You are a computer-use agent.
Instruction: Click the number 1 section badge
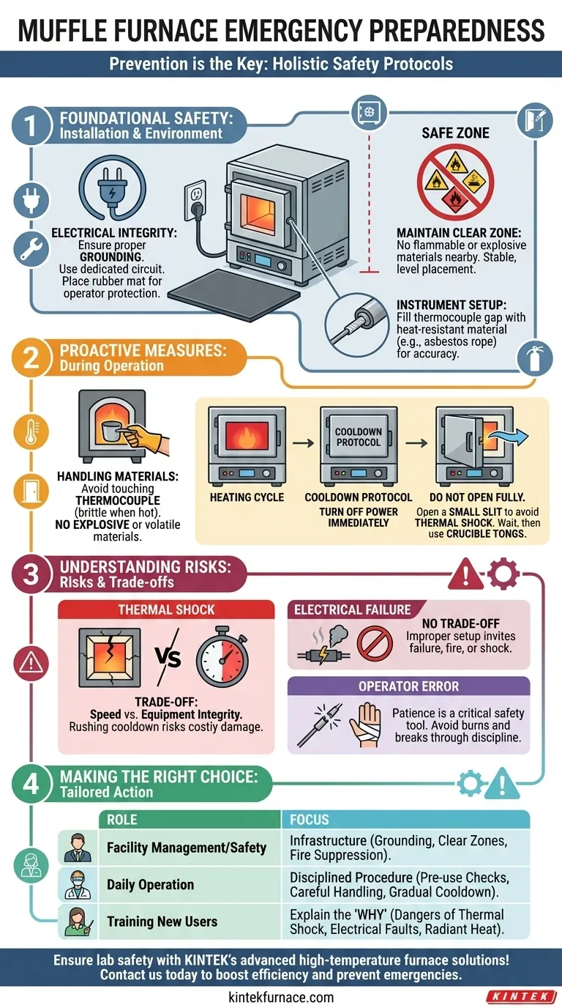click(x=29, y=125)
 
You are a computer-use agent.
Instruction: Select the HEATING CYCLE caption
click(x=246, y=496)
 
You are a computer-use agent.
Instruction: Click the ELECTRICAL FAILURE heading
click(x=352, y=609)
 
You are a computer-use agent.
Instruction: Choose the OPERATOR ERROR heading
click(x=409, y=686)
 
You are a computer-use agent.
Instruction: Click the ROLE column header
click(x=121, y=819)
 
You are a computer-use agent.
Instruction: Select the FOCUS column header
click(x=309, y=819)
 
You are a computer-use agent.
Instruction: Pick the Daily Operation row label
click(x=150, y=884)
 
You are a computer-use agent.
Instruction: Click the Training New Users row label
click(x=162, y=922)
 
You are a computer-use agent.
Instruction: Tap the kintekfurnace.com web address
click(x=281, y=996)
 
